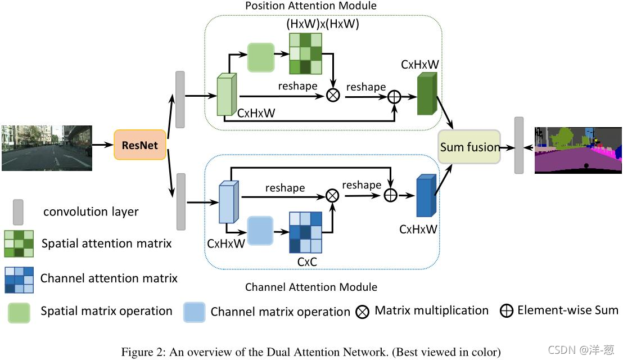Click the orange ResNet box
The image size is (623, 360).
[140, 145]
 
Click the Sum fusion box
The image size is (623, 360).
[469, 147]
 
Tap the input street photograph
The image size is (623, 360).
[47, 148]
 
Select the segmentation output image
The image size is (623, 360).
[578, 150]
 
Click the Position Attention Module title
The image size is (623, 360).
[311, 6]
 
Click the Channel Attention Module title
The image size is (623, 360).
[311, 287]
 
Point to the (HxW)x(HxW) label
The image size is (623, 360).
[323, 24]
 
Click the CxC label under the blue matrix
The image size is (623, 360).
[307, 262]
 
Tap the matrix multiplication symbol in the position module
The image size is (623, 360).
[333, 95]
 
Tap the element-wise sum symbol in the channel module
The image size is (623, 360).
[391, 195]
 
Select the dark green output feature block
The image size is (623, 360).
[427, 94]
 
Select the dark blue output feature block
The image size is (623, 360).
[426, 196]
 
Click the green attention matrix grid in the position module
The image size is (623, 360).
[305, 53]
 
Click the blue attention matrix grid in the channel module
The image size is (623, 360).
[305, 232]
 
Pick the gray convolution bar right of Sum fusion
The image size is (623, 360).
[519, 146]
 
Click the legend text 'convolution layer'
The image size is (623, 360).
[91, 212]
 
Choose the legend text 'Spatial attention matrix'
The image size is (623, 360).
[106, 243]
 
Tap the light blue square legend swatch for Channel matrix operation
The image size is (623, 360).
[195, 312]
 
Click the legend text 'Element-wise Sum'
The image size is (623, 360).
[568, 310]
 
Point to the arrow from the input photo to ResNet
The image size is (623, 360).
[103, 145]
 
